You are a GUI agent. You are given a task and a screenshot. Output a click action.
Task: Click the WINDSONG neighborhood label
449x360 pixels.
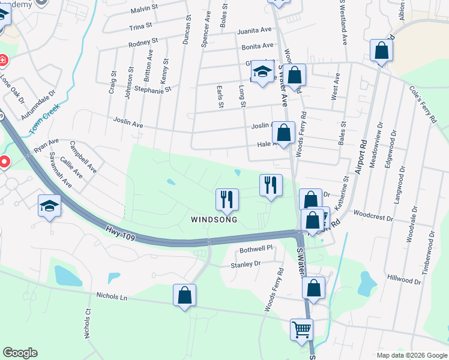(x=214, y=220)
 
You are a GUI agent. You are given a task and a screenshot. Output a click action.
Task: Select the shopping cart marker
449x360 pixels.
(x=301, y=329)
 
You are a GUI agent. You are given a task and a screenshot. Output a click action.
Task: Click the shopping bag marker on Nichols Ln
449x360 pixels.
(x=184, y=295)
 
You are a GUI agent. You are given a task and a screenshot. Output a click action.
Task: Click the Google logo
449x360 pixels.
(x=20, y=353)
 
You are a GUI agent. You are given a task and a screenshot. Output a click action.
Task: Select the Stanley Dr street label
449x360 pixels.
(x=246, y=263)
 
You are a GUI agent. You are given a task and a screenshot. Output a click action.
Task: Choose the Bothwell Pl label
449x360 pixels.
(x=256, y=248)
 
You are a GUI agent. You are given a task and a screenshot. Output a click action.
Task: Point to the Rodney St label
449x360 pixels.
(x=143, y=43)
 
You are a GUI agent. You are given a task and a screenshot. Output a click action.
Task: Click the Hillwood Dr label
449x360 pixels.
(x=404, y=280)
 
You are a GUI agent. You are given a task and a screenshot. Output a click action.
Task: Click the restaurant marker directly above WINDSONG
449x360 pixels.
(x=227, y=199)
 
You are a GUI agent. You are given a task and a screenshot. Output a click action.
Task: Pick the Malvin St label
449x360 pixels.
(x=143, y=11)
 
